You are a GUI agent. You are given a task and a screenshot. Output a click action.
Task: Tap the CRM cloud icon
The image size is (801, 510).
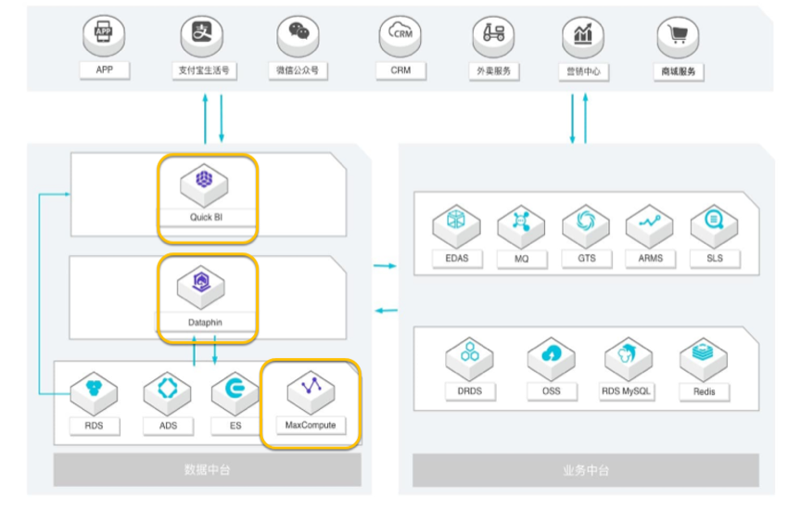pos(400,35)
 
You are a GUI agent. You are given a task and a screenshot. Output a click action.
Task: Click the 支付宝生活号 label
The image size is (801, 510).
pos(203,70)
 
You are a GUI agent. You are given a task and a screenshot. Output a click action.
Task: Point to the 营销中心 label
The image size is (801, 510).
pos(582,71)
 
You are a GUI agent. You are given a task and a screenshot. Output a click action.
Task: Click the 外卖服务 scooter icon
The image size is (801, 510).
pos(493,35)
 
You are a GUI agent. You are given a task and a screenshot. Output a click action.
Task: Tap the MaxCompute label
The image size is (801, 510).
pos(311,426)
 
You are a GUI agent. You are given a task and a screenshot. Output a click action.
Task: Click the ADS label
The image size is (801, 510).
pos(167,426)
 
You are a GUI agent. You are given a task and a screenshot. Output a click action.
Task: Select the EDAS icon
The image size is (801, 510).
pos(456,223)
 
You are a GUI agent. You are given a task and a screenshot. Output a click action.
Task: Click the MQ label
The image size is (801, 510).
pos(521,258)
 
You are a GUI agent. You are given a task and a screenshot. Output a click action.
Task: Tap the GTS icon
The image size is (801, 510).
pos(586,223)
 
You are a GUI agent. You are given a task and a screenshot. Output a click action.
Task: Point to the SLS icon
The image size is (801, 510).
pos(715,223)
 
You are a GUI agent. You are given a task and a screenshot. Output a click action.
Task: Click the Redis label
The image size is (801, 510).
pos(704,392)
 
